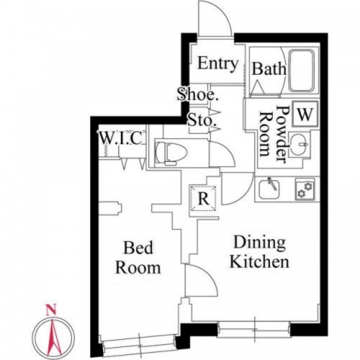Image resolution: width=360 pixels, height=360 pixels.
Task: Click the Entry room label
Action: (218, 64)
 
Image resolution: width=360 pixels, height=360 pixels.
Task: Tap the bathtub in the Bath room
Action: (301, 71)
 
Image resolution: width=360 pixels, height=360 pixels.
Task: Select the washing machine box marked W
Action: (305, 114)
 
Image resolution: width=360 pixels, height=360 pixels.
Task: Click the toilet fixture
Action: (171, 152)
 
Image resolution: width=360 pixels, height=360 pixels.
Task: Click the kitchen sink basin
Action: (269, 190)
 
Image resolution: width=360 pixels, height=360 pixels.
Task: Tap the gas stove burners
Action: (305, 190)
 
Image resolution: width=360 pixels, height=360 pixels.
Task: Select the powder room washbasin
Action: (299, 145)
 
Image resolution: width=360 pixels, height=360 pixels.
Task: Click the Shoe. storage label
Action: (197, 94)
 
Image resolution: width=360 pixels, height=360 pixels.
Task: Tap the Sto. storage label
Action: (202, 120)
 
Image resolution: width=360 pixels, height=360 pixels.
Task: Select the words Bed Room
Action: (138, 258)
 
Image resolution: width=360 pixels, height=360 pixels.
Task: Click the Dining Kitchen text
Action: (259, 252)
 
